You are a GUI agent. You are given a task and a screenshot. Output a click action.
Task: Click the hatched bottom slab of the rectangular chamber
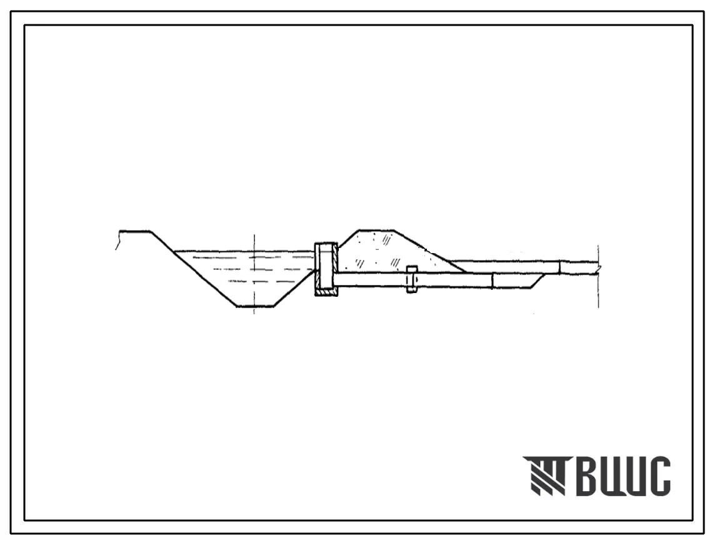326,293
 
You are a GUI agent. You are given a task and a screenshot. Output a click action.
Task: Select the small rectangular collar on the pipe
411,279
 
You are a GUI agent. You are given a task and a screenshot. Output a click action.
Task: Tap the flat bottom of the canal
255,306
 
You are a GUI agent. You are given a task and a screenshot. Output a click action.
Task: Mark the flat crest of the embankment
376,230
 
